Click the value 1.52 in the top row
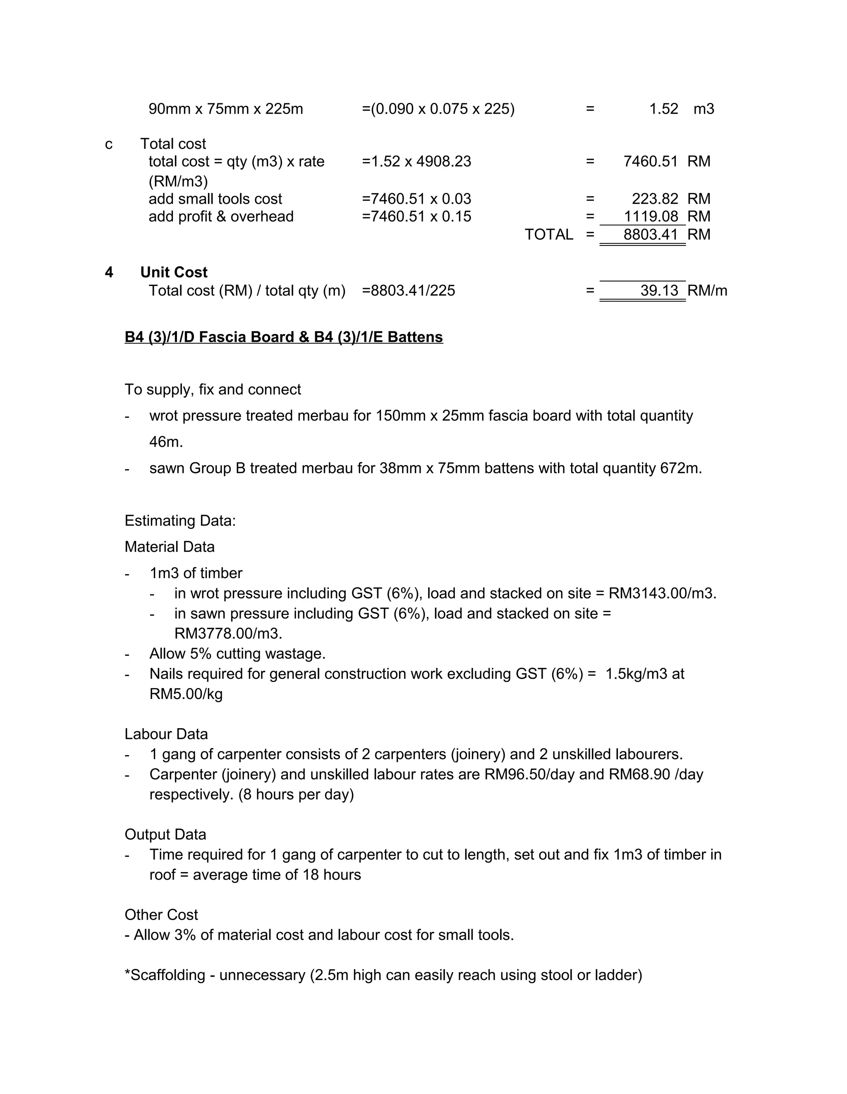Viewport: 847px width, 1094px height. click(663, 109)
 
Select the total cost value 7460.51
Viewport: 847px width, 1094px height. click(650, 161)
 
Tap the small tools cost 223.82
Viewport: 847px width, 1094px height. click(655, 199)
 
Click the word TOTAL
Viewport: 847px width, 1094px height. click(548, 234)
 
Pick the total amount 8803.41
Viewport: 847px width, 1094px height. click(650, 234)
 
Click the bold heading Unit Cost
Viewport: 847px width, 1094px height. click(173, 272)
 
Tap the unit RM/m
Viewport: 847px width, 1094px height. click(707, 291)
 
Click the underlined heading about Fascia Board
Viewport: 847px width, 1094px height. click(283, 337)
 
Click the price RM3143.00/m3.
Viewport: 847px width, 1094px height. click(662, 593)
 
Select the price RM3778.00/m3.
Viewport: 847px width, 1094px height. click(228, 634)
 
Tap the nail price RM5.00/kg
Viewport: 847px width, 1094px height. click(186, 694)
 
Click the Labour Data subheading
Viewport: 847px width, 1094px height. click(166, 734)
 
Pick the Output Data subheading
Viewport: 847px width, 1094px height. click(165, 834)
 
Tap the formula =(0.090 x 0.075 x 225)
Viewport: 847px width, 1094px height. click(438, 109)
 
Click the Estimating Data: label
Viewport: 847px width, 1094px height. click(180, 520)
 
